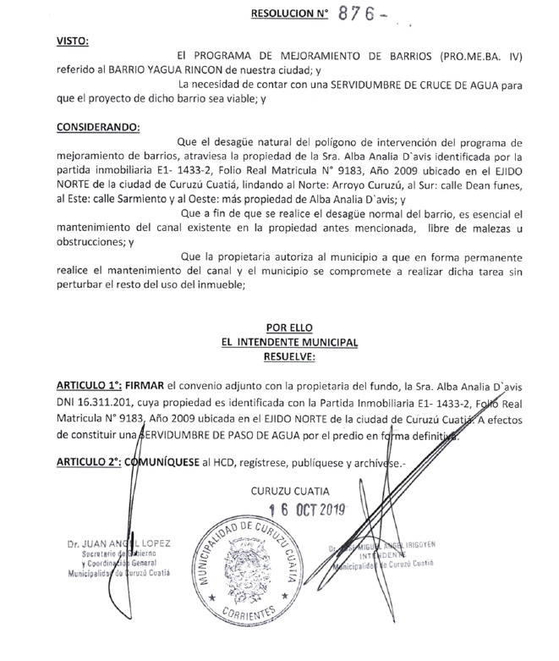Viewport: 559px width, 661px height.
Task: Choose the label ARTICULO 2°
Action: (x=85, y=462)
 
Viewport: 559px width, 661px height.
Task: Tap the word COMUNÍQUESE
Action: (x=165, y=462)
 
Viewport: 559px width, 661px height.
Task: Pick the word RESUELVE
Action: (x=288, y=356)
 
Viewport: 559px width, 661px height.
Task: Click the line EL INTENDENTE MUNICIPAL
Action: (x=288, y=343)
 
